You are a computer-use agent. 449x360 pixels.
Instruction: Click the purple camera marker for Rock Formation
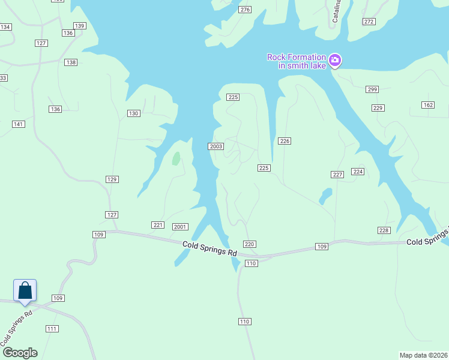tap(335, 59)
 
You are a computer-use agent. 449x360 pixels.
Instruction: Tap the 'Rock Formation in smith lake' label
tap(297, 61)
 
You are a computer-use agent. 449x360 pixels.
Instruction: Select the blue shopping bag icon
tap(25, 290)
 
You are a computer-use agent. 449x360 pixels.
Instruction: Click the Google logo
tap(19, 353)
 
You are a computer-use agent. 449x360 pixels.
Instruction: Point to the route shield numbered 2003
tap(216, 146)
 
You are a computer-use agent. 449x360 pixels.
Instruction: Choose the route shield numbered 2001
tap(180, 227)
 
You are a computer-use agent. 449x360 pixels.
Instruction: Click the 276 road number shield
tap(244, 10)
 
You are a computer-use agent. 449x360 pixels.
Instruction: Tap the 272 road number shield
tap(369, 22)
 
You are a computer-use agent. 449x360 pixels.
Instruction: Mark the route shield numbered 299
tap(372, 89)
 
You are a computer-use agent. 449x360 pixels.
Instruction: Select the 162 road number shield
tap(427, 105)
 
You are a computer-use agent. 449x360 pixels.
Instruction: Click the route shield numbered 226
tap(285, 141)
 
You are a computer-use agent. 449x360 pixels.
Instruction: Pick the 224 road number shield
tap(358, 172)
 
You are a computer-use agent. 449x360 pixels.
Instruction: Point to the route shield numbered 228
tap(384, 230)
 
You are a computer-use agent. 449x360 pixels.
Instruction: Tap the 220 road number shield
tap(250, 244)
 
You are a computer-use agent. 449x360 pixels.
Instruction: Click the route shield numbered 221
tap(158, 225)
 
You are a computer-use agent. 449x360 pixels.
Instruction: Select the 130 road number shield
tap(133, 113)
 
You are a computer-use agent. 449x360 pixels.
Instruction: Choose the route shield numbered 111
tap(52, 328)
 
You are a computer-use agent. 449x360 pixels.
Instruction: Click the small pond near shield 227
tap(325, 196)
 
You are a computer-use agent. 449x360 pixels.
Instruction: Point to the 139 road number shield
tap(80, 25)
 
